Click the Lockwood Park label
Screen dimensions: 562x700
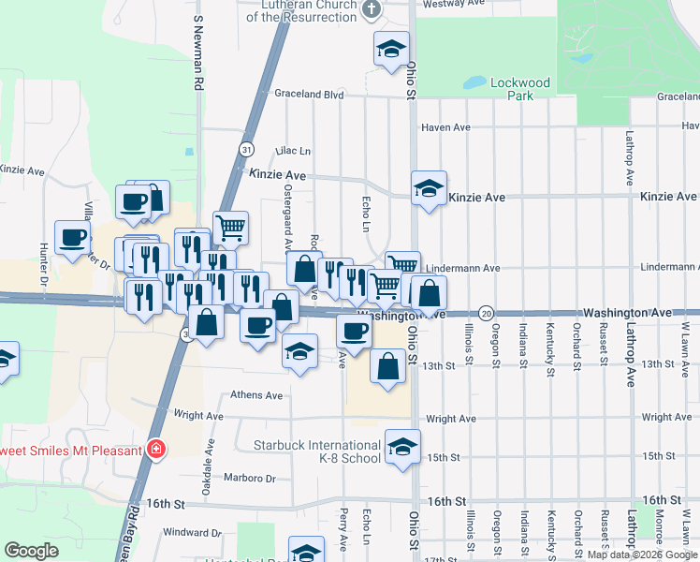pos(520,89)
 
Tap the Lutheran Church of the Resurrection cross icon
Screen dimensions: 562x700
pos(372,10)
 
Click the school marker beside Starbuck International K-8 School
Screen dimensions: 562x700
pos(402,447)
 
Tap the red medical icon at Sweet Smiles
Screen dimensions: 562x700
pos(156,450)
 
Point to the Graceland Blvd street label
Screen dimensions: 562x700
pos(309,94)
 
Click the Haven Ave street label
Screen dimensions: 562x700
pos(445,127)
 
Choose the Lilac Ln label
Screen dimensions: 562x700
pos(292,151)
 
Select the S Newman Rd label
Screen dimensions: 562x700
pos(198,52)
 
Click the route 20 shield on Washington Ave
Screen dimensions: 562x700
pos(486,312)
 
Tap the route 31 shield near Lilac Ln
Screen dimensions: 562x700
pos(246,149)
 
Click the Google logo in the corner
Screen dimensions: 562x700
pos(31,551)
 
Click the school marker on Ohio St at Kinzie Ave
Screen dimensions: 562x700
pos(429,188)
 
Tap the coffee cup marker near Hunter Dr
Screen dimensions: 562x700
pos(72,238)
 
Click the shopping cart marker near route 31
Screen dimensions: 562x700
pos(230,226)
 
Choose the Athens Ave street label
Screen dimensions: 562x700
pos(256,395)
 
